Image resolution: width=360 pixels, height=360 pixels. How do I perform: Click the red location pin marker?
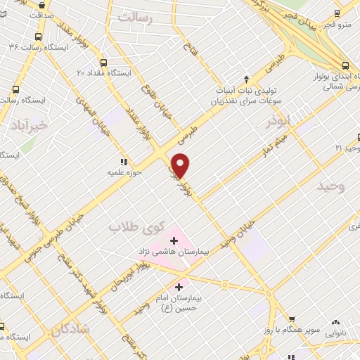[x=181, y=165]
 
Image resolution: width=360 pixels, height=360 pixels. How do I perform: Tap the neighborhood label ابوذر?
[x=278, y=121]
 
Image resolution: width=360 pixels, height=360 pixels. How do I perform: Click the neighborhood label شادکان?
[x=70, y=329]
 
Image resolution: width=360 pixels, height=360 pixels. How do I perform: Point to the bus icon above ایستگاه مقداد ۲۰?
[x=103, y=62]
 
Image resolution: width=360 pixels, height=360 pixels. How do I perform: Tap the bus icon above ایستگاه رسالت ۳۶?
[x=37, y=34]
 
